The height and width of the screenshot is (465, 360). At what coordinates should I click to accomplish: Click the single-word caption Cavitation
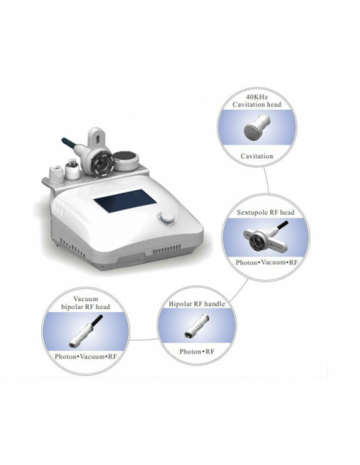[x=256, y=156]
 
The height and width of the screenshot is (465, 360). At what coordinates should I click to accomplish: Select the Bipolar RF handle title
[x=195, y=304]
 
